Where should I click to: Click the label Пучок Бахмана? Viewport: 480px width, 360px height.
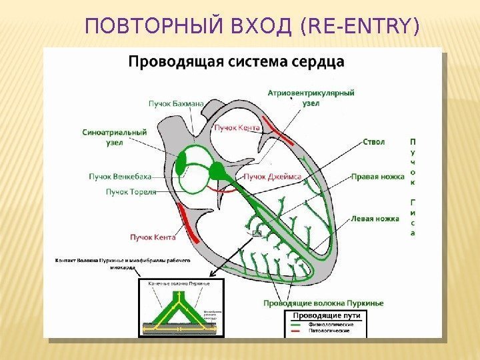170,104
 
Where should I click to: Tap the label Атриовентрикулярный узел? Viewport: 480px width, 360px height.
311,98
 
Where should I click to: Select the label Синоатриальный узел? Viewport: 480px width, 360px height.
115,137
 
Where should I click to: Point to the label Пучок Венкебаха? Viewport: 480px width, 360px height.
120,177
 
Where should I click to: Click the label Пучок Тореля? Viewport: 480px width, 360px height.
131,192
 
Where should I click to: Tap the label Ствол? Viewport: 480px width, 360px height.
375,141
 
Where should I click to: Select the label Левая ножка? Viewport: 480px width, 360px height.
375,218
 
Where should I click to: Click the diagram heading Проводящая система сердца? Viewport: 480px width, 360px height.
236,62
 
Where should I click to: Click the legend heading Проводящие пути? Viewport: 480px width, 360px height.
327,315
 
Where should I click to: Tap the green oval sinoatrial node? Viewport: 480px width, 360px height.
182,162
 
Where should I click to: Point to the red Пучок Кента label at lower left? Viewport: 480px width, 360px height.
152,237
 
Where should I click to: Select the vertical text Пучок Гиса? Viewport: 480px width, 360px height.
413,187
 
